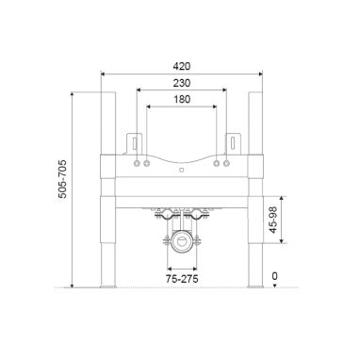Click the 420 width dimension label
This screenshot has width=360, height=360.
[x=182, y=66]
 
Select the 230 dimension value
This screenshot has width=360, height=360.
[x=182, y=83]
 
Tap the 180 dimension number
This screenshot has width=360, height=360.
[x=182, y=99]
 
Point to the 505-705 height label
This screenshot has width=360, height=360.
[x=62, y=178]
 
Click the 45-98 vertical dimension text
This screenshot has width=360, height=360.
[x=273, y=220]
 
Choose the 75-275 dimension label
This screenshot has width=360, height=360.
[x=182, y=279]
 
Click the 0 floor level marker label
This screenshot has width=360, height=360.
[x=275, y=276]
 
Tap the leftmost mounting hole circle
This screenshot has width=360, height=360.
[x=137, y=163]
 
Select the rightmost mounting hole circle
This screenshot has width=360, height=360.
[x=226, y=163]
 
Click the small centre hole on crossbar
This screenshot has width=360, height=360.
[x=182, y=171]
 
